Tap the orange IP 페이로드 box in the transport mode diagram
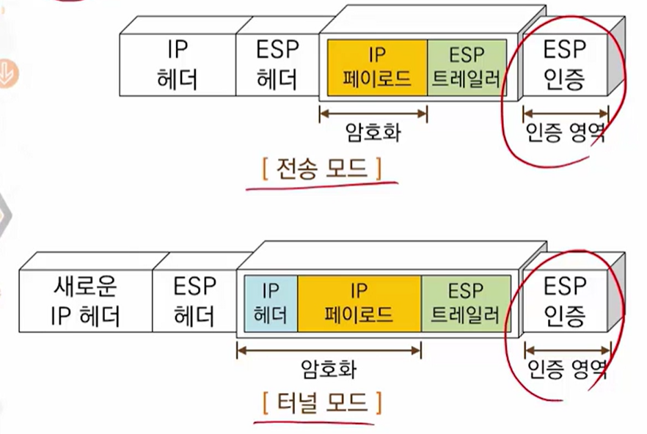(x=377, y=67)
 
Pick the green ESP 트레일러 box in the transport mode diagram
(x=467, y=67)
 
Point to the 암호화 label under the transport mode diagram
(x=373, y=134)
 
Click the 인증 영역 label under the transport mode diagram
(x=566, y=134)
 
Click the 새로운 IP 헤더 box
(x=86, y=300)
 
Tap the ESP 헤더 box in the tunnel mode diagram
(x=194, y=300)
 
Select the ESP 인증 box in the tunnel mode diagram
(x=565, y=300)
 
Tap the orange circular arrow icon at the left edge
(x=9, y=73)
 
